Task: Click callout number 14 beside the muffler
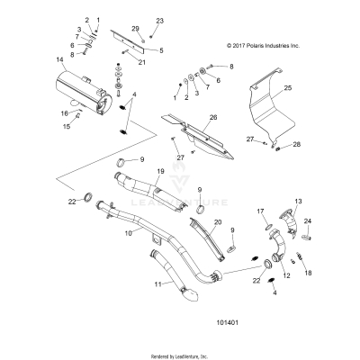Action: pyautogui.click(x=59, y=61)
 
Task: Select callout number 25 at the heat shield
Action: pyautogui.click(x=288, y=88)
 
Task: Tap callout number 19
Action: pyautogui.click(x=160, y=171)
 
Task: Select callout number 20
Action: pyautogui.click(x=217, y=221)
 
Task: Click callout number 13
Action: pyautogui.click(x=298, y=202)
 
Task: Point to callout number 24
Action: pyautogui.click(x=307, y=220)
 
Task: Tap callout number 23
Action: pyautogui.click(x=160, y=20)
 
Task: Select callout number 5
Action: pyautogui.click(x=160, y=50)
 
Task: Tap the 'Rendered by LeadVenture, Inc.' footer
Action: pyautogui.click(x=179, y=355)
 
